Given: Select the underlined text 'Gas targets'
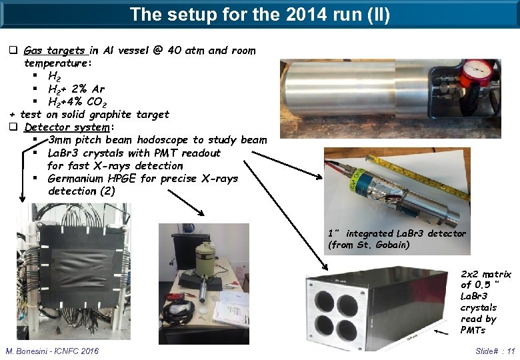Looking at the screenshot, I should pos(54,51).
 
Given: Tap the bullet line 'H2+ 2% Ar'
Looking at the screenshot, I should pos(76,89).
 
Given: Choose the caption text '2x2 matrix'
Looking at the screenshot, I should pos(486,274).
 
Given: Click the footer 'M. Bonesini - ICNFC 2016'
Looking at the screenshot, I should pos(52,351).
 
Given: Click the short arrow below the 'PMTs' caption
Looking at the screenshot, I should pos(445,330).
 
